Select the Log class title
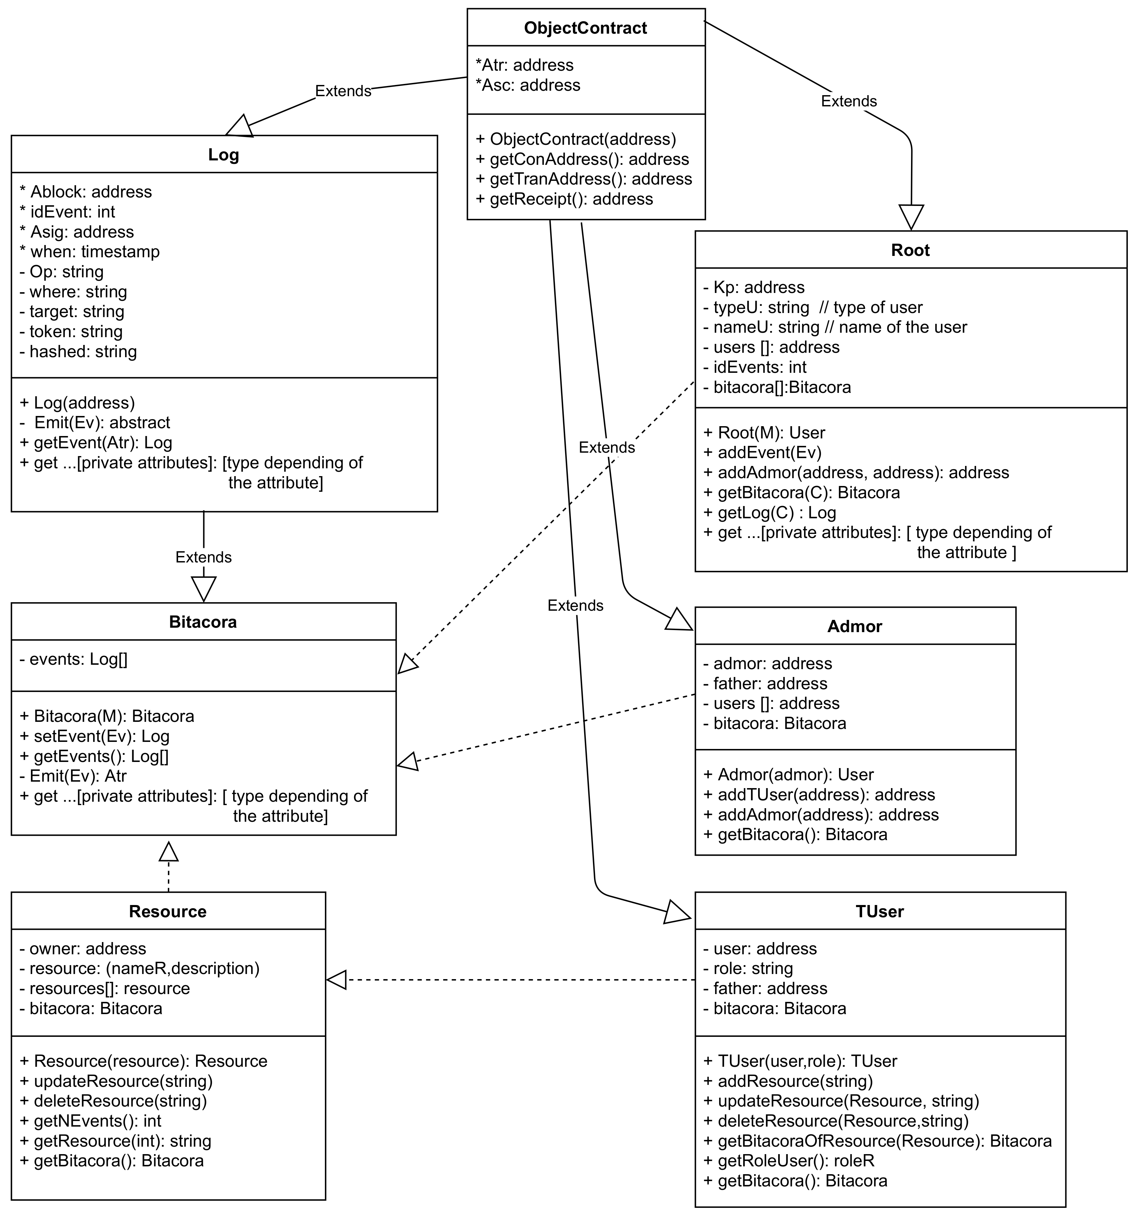[223, 155]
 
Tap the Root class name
[910, 250]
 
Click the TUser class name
[879, 911]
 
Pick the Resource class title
[168, 911]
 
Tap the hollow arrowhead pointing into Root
[911, 217]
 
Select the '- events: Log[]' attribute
[73, 659]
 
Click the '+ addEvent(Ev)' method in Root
[762, 453]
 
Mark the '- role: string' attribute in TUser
[747, 969]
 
